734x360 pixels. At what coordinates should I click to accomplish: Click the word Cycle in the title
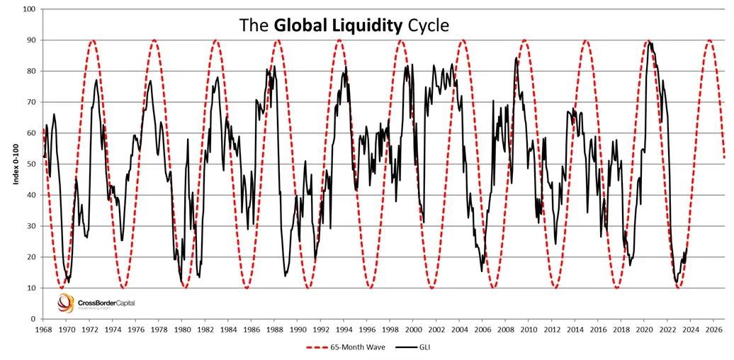[x=427, y=26]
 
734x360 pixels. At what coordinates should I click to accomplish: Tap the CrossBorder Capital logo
[x=95, y=303]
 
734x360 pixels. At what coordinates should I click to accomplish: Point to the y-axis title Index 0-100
[x=15, y=164]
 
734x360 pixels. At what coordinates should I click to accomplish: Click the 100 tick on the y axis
[x=29, y=9]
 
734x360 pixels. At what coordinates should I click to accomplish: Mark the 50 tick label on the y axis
[x=31, y=164]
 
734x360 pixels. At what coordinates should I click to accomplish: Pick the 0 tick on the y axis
[x=33, y=319]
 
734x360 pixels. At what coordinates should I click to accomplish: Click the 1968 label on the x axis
[x=43, y=329]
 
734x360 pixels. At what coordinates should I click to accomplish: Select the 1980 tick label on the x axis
[x=181, y=329]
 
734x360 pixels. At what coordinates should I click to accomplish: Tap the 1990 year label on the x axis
[x=298, y=329]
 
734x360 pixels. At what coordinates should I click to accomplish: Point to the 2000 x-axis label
[x=413, y=329]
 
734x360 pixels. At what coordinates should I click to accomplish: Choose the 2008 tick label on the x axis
[x=505, y=329]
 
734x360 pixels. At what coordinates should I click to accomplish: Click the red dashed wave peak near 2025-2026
[x=709, y=40]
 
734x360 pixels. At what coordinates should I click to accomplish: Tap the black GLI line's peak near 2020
[x=650, y=42]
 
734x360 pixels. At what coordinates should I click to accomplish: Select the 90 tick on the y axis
[x=31, y=40]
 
